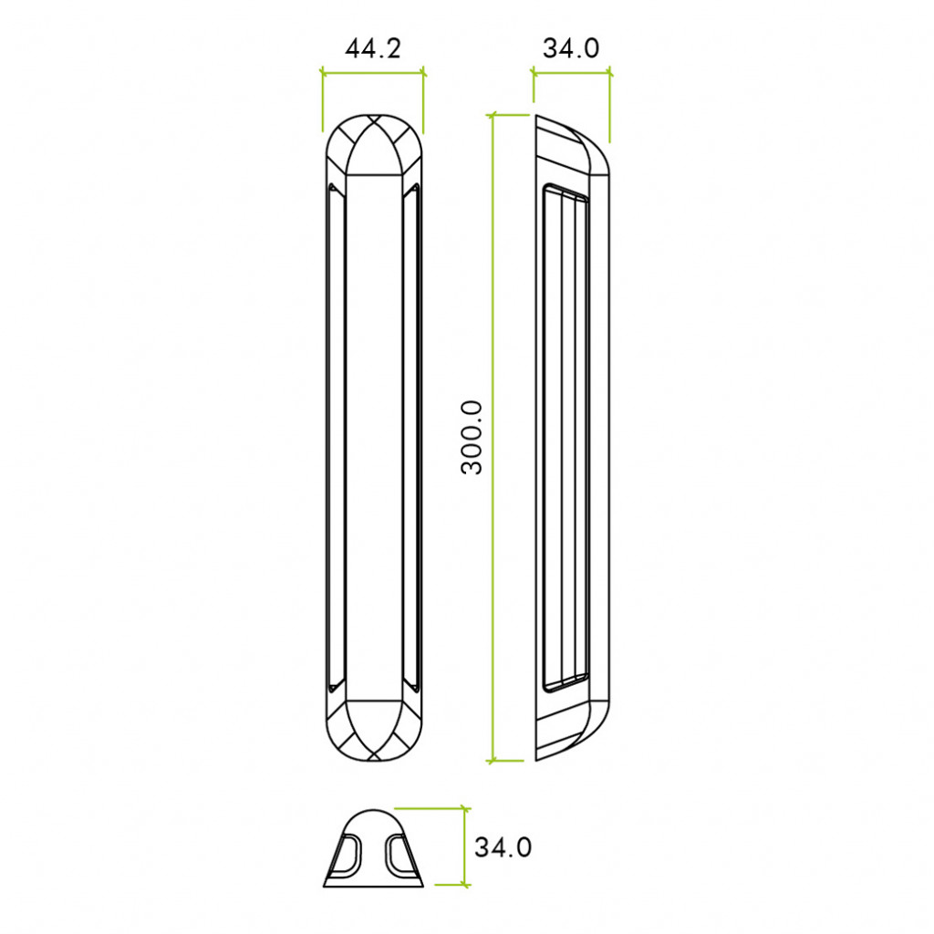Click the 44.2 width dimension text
(x=372, y=48)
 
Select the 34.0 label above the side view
(x=571, y=48)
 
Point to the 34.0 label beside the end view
(x=503, y=847)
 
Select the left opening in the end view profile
(x=349, y=855)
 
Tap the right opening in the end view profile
(x=399, y=855)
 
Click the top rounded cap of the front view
(x=373, y=141)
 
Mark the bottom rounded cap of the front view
(x=373, y=732)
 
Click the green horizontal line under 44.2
(x=373, y=71)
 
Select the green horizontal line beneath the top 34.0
(x=572, y=74)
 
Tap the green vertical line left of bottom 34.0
(x=465, y=846)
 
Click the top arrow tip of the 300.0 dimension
(x=493, y=116)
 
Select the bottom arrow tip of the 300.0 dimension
(x=493, y=760)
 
